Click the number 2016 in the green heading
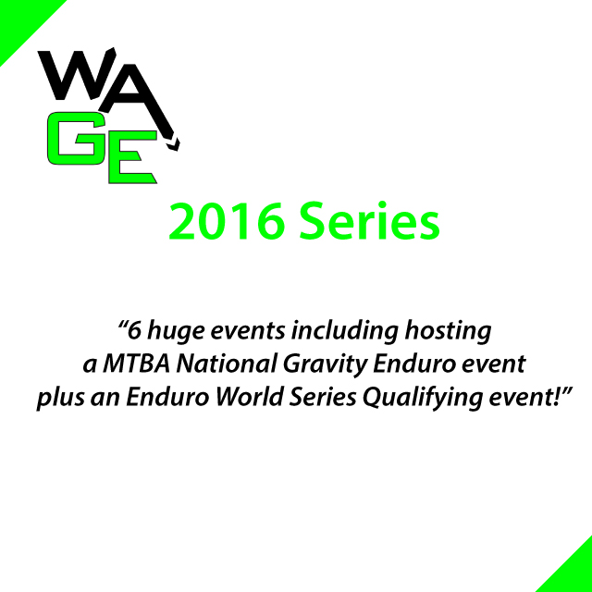click(227, 221)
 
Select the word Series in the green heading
click(370, 221)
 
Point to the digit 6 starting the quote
click(134, 330)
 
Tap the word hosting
click(448, 331)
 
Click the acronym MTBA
click(136, 364)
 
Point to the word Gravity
click(325, 364)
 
